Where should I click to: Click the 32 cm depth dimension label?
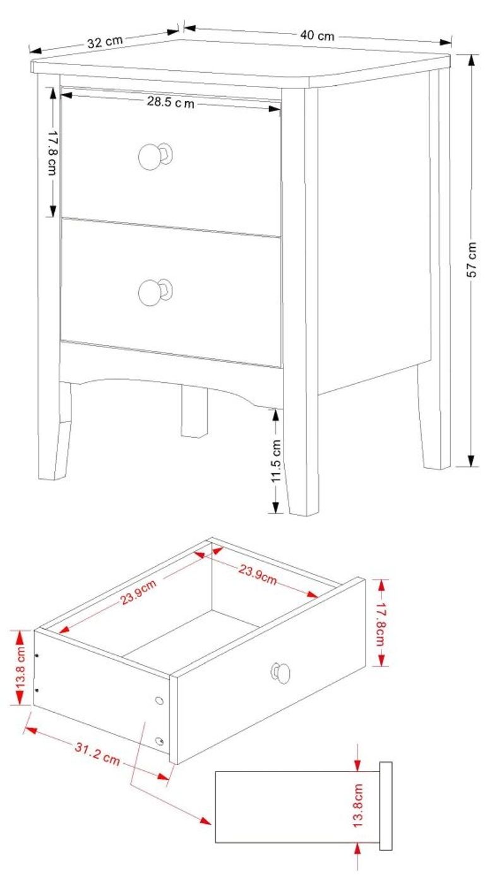105,42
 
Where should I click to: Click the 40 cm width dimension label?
317,35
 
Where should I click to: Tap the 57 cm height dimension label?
471,260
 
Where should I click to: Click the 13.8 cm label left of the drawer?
21,667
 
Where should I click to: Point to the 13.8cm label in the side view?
358,806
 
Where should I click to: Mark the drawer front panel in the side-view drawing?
385,806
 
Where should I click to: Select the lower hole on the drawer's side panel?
159,740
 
